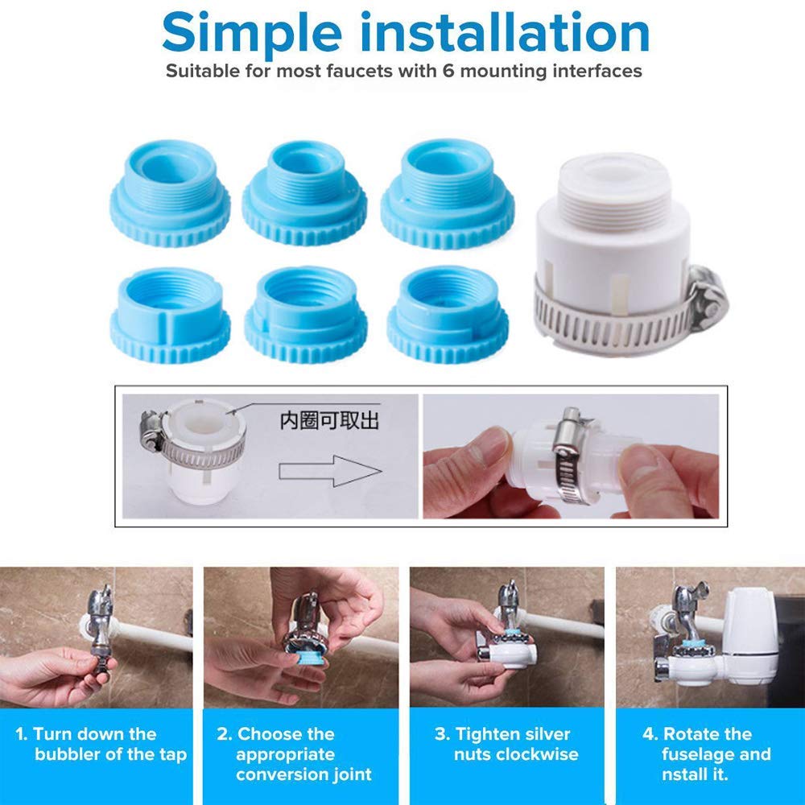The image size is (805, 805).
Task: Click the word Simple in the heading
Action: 252,34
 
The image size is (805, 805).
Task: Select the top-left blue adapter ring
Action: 170,193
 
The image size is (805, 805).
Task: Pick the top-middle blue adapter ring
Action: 304,192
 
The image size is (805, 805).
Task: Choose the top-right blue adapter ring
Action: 447,193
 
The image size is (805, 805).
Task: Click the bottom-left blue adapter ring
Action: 170,316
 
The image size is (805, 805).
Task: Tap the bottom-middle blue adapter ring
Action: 306,315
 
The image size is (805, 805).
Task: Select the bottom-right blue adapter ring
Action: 448,315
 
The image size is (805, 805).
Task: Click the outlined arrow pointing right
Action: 330,471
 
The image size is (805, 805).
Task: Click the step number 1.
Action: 21,734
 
